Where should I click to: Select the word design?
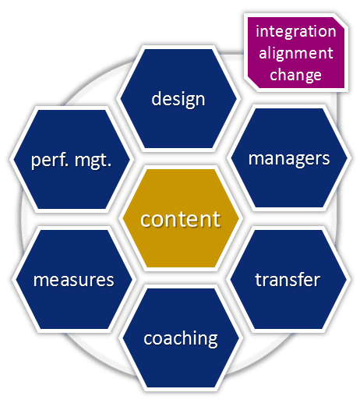(178, 99)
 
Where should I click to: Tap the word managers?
(288, 158)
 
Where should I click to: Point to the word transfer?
(288, 279)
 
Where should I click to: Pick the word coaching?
(180, 338)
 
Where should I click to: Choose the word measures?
(73, 279)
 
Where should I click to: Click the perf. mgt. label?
(72, 161)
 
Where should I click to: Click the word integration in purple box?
(296, 32)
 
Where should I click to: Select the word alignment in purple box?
(296, 53)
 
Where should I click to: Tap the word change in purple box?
(296, 75)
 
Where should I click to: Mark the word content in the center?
(180, 218)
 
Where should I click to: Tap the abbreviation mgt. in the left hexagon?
(94, 161)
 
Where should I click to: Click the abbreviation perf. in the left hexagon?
(49, 161)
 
